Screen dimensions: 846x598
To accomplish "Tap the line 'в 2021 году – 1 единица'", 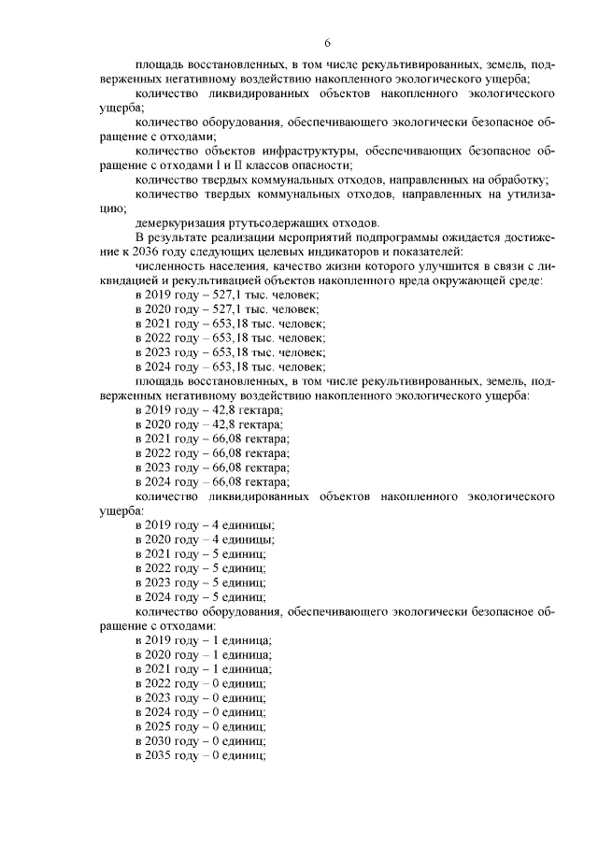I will coord(203,668).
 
